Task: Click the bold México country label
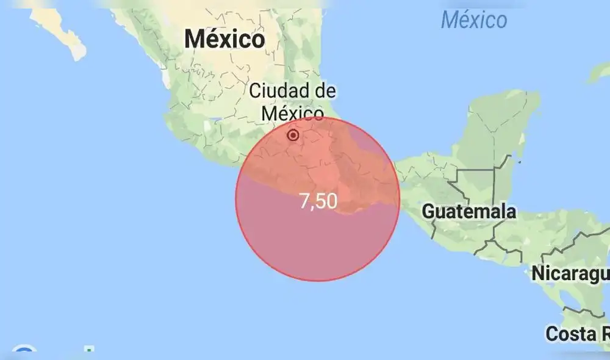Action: [224, 39]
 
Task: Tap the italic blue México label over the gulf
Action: [473, 20]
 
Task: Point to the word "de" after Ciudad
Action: [324, 92]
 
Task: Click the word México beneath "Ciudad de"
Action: [292, 113]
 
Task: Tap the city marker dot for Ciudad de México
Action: [293, 135]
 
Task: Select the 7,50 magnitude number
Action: [318, 201]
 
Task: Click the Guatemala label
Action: [468, 212]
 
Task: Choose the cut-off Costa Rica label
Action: [577, 334]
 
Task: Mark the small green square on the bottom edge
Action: [89, 351]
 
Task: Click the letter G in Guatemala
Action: [429, 212]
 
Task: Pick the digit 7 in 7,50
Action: [305, 201]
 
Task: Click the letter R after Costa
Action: [605, 334]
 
